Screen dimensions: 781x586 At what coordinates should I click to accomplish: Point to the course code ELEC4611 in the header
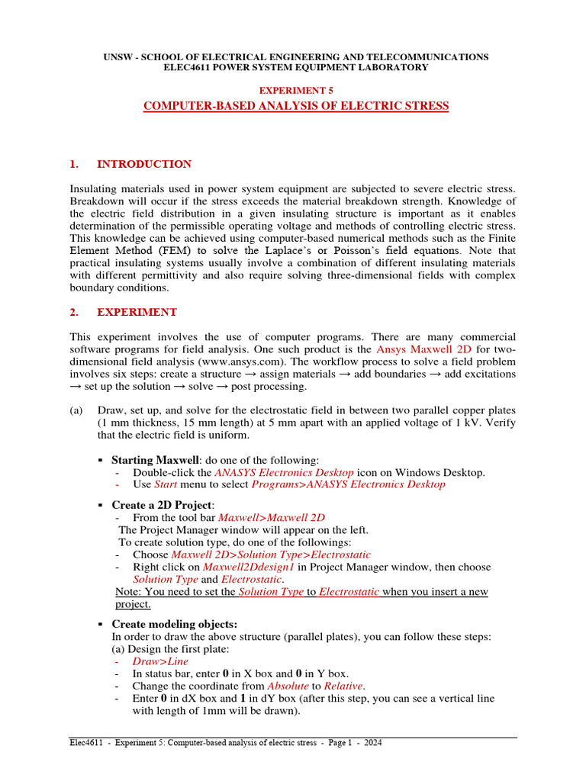(x=188, y=68)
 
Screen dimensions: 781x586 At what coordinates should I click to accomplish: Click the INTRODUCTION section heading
(x=143, y=164)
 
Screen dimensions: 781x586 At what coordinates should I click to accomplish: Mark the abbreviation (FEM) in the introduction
(x=176, y=249)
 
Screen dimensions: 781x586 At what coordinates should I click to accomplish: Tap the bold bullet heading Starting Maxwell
(x=155, y=460)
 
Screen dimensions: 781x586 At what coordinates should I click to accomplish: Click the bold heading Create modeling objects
(x=174, y=624)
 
